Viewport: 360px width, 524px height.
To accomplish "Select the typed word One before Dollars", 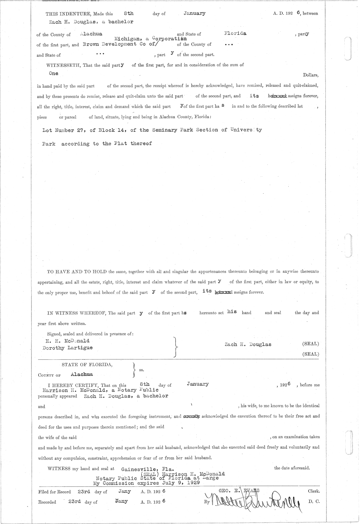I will [54, 73].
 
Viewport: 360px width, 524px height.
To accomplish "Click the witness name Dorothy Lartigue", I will [68, 348].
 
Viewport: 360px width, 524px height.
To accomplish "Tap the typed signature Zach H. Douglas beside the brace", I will [248, 344].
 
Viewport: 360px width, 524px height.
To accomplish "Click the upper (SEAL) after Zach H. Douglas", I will [310, 344].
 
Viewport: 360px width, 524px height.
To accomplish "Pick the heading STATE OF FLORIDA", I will [87, 365].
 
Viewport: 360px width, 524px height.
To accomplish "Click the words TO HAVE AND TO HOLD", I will [77, 272].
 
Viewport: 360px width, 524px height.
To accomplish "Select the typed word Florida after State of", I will [235, 33].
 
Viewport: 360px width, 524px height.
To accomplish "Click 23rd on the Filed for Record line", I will [84, 492].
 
